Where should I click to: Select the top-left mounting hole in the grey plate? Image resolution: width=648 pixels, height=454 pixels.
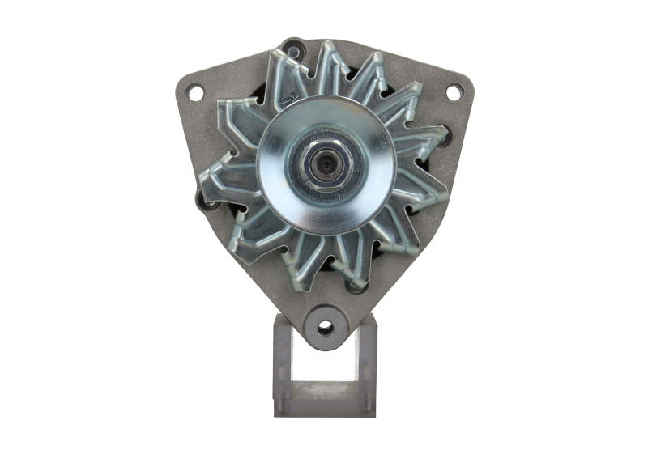click(195, 93)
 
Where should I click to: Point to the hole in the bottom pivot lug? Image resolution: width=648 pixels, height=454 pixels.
click(325, 328)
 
